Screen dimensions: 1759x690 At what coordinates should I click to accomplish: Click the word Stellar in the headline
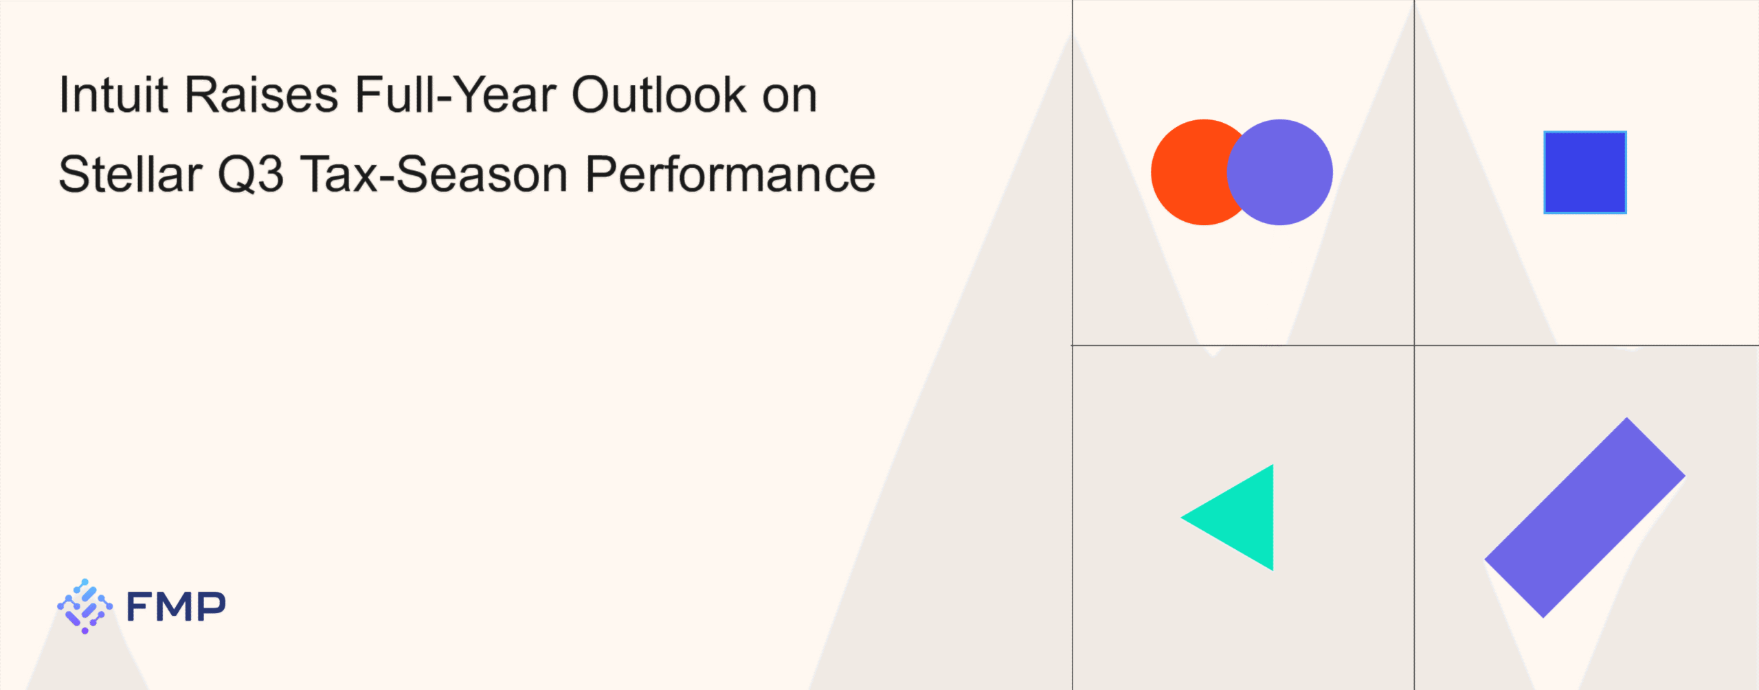tap(131, 174)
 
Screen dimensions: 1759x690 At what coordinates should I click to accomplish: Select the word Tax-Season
tap(434, 174)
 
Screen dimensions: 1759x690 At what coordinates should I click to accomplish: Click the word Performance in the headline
tap(730, 174)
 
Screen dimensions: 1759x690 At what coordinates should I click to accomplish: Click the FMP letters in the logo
tap(176, 606)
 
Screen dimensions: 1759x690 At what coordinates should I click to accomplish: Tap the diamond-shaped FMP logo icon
tap(85, 606)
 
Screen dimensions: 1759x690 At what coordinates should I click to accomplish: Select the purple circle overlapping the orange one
tap(1279, 172)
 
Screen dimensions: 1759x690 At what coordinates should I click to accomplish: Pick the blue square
tap(1585, 172)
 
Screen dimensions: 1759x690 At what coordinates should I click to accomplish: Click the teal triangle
tap(1242, 518)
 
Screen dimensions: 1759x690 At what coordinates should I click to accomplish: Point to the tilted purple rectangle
tap(1584, 518)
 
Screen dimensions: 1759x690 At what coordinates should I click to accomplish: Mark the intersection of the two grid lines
tap(1414, 345)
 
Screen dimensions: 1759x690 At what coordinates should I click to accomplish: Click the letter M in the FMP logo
tap(177, 606)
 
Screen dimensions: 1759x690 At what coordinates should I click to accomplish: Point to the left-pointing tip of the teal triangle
tap(1181, 518)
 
